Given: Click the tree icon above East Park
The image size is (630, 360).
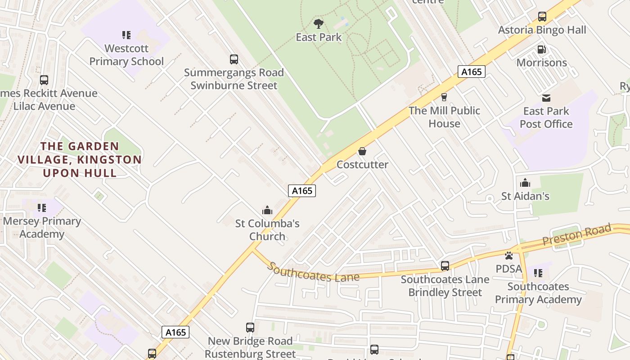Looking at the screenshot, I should coord(319,23).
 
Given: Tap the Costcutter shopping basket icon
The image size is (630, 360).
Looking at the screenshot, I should coord(362,151).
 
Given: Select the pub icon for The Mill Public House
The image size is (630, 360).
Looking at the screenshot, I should coord(444,97).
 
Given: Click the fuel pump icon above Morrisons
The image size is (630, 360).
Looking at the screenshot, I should coord(542,49).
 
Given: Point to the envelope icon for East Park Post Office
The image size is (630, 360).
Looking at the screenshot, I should coord(546,98).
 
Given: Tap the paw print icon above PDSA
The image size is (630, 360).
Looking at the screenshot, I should coord(509,256).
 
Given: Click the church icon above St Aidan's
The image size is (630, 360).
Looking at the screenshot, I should coord(525,183).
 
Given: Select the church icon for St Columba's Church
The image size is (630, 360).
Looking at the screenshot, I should coord(267,210).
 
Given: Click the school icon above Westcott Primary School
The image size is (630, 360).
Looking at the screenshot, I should coord(126,35).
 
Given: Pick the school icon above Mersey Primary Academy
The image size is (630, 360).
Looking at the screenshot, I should coord(42,208).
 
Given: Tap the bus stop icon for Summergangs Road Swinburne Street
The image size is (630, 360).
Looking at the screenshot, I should coord(234,59).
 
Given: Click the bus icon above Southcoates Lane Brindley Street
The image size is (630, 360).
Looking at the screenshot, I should coord(445,266).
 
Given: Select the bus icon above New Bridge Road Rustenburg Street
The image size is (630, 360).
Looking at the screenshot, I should coord(250,328).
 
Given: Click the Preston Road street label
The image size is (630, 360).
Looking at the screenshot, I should coord(577,235).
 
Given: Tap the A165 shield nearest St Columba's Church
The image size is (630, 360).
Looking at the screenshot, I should coord(302,191).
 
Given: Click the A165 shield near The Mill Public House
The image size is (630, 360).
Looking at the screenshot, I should coord(472,72).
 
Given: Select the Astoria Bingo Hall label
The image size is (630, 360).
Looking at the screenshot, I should coord(542,30).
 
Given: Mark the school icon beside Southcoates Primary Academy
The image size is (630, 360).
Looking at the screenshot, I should coord(538,273).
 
